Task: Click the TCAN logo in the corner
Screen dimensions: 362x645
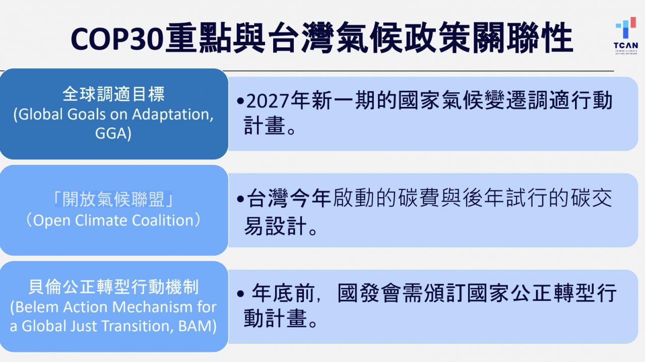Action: point(625,35)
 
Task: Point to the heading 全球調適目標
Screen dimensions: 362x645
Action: point(114,94)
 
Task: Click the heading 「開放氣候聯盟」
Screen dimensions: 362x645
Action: point(114,200)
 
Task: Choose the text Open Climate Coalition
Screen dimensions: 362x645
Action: point(114,220)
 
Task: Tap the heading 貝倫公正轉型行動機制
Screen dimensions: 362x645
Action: point(114,287)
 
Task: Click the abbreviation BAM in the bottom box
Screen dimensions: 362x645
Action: point(197,326)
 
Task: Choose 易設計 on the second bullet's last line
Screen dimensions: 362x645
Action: point(275,227)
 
